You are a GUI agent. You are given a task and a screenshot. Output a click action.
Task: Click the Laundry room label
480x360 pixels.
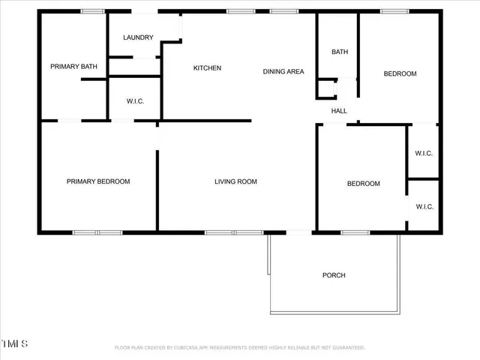(x=139, y=37)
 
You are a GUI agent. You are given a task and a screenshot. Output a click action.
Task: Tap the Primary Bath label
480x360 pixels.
(x=73, y=67)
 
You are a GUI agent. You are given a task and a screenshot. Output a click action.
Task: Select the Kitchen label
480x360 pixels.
(x=207, y=68)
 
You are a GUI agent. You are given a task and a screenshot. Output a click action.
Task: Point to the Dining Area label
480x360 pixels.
(x=283, y=72)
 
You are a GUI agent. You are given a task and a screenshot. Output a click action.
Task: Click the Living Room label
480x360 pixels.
(x=235, y=181)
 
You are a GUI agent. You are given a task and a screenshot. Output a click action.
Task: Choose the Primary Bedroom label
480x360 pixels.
(x=98, y=181)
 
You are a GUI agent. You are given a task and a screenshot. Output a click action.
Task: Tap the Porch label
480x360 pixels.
(x=334, y=275)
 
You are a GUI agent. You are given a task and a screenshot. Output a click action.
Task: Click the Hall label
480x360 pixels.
(x=339, y=111)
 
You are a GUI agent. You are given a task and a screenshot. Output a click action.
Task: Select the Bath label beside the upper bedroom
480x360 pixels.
(x=340, y=52)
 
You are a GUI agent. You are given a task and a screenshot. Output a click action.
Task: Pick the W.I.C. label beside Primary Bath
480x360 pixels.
(x=135, y=101)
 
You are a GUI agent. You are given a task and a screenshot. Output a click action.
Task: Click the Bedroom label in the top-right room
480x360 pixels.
(x=400, y=73)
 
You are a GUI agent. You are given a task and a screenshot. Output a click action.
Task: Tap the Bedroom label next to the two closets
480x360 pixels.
(x=363, y=184)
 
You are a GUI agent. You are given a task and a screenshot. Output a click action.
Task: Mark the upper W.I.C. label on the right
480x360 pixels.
(x=424, y=154)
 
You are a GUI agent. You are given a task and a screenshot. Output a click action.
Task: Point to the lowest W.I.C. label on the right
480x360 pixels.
(x=424, y=207)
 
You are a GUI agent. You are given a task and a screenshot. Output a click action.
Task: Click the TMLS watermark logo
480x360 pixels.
(x=14, y=343)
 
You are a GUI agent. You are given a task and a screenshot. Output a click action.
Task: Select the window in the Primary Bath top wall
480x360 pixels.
(x=92, y=11)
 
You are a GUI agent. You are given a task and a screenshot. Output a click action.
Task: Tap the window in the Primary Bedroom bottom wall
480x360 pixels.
(x=97, y=232)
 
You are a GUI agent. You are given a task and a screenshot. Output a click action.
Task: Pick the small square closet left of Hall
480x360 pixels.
(x=326, y=89)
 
